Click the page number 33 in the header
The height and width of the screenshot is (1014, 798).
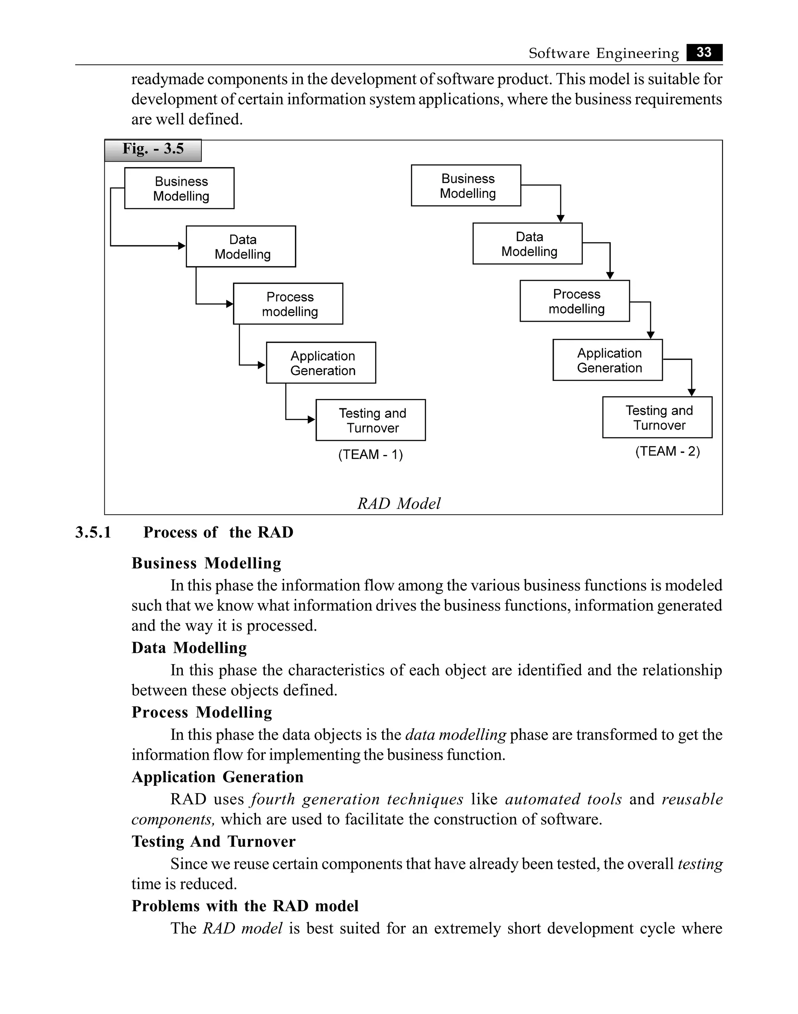click(x=704, y=52)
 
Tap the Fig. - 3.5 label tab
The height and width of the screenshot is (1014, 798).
click(x=153, y=150)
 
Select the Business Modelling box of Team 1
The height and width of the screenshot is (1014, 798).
click(x=179, y=188)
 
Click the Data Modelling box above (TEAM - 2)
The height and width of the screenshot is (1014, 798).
click(x=528, y=244)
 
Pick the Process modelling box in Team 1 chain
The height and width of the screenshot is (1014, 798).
click(x=288, y=303)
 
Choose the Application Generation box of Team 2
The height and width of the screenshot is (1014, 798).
click(x=607, y=360)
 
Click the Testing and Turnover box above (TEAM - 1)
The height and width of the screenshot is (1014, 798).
click(x=371, y=420)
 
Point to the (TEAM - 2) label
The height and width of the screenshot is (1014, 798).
click(x=667, y=451)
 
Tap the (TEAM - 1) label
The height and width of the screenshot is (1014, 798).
click(x=371, y=455)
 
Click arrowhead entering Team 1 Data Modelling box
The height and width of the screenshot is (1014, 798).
click(x=182, y=246)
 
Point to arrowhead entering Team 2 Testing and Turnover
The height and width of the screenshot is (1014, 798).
click(x=692, y=392)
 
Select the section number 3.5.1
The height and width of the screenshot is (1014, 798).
click(x=93, y=532)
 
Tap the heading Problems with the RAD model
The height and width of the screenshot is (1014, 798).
click(x=245, y=906)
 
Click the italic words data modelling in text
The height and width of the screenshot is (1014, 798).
click(x=455, y=735)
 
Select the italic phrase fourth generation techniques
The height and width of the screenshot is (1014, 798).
click(x=357, y=799)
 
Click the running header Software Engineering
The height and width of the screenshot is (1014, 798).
click(x=603, y=53)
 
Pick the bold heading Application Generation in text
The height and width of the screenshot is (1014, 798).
click(x=217, y=777)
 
